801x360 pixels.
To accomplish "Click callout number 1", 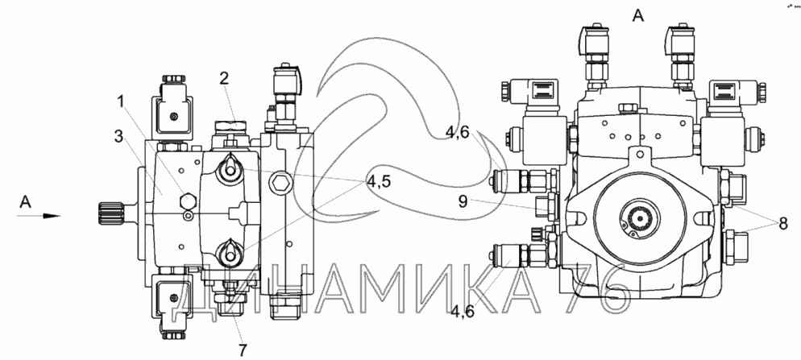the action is click(121, 102).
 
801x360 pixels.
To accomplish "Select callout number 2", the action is click(224, 79).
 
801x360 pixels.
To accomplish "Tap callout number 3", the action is click(119, 136).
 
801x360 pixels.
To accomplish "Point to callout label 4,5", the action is click(379, 181).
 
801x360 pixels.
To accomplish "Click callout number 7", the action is click(242, 350).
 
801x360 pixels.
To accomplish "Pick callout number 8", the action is click(782, 223).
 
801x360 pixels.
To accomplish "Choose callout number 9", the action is click(463, 201).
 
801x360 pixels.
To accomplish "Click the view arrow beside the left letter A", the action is click(39, 216).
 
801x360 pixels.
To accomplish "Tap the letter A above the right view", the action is click(638, 16).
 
